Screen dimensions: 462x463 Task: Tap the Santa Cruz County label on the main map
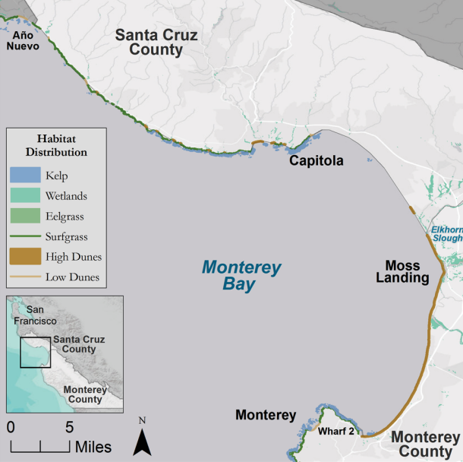tap(156, 43)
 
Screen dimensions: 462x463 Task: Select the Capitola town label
tap(315, 161)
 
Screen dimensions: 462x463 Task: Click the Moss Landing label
tap(407, 272)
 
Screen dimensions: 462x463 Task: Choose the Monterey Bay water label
tap(241, 277)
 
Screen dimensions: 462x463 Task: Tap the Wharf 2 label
tap(335, 431)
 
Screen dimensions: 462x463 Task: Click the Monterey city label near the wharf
tap(265, 415)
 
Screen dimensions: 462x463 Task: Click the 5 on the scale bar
tap(69, 426)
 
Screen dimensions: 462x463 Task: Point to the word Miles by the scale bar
tap(93, 446)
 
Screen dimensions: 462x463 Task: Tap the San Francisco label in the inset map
tap(36, 315)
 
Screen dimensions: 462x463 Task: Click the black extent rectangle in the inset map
tap(36, 353)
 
